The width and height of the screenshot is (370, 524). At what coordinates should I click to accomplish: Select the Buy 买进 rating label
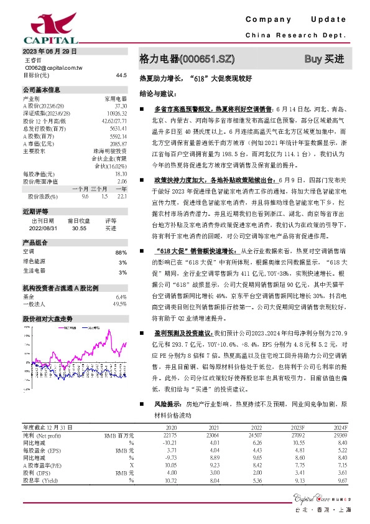coord(323,59)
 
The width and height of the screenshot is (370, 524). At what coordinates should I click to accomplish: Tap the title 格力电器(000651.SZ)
coord(187,59)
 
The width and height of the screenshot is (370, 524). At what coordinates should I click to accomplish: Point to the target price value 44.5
coord(121,75)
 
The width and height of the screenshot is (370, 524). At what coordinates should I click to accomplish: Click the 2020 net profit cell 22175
coord(171,436)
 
